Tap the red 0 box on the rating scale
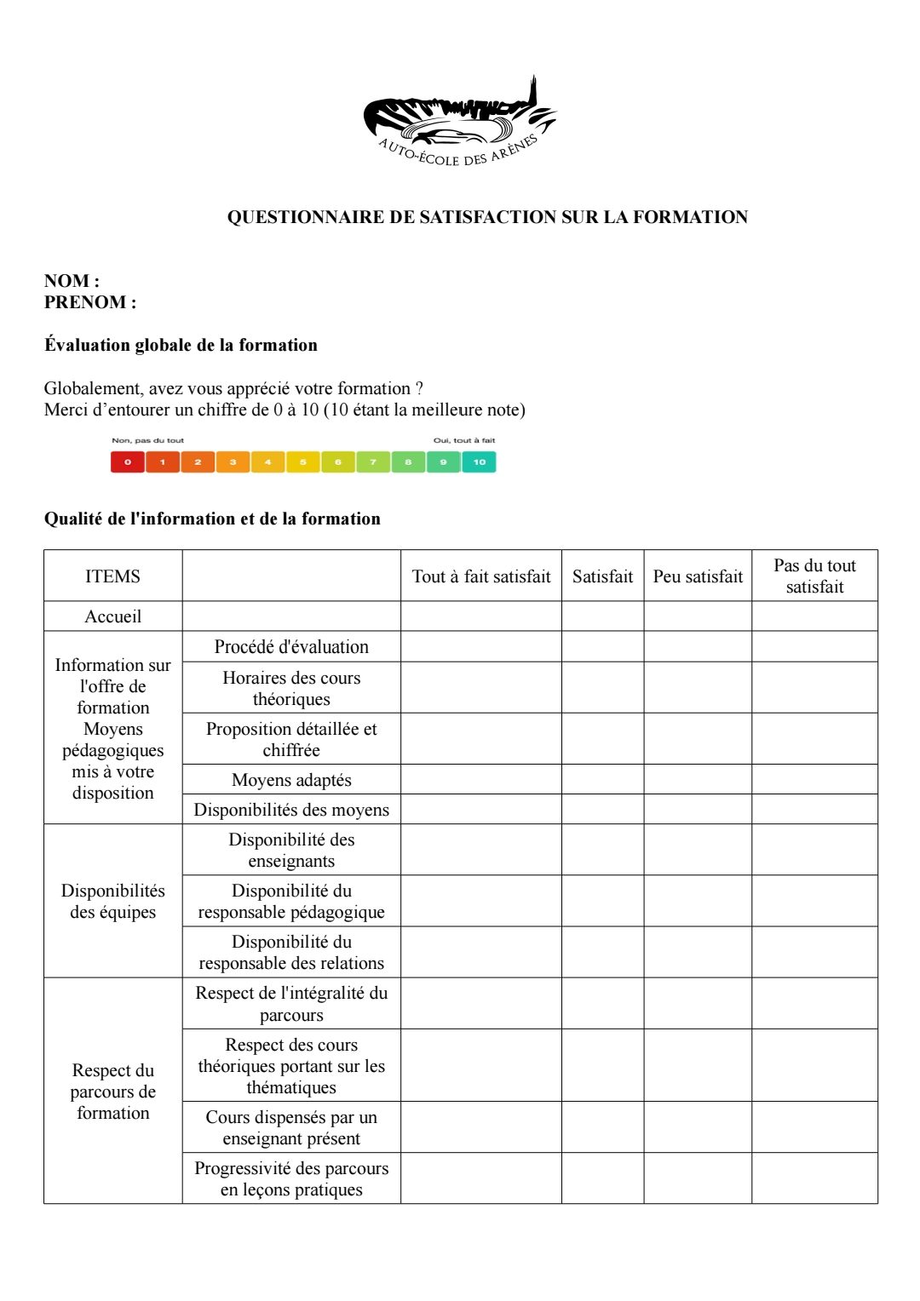coord(128,462)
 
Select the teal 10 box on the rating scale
coord(479,462)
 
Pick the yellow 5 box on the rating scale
coord(302,462)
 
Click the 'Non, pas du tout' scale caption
coord(147,440)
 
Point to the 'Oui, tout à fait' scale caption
coord(463,440)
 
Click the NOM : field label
coord(72,281)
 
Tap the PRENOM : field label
coord(89,302)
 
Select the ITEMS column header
coord(112,576)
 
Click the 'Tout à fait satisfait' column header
coord(481,576)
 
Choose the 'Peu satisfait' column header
coord(698,576)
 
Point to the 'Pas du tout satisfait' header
coord(814,576)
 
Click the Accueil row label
coord(112,616)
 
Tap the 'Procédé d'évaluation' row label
coord(291,647)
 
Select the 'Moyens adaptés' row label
coord(291,780)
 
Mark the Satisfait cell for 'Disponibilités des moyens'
coord(602,810)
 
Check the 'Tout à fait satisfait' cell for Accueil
coord(481,616)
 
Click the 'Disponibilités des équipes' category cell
coord(112,901)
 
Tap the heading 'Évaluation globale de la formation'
coord(181,345)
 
